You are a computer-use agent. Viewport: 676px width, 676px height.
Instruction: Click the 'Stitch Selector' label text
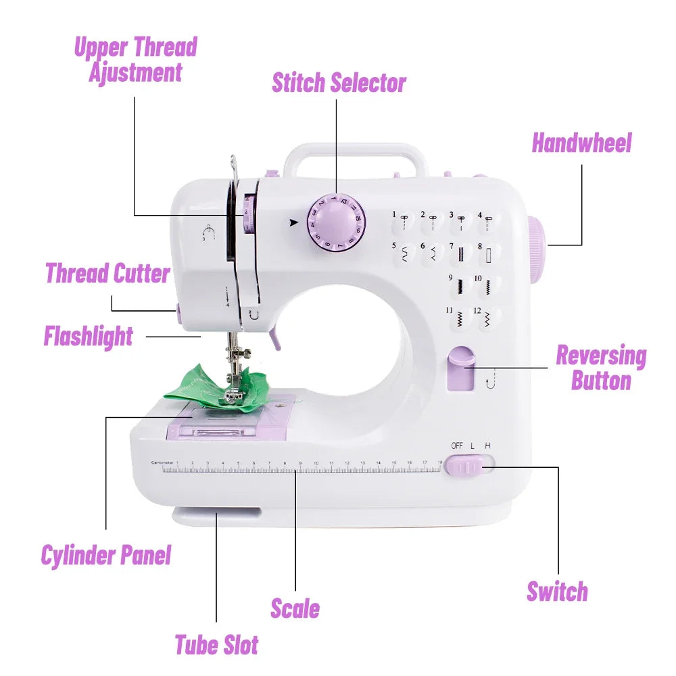click(339, 82)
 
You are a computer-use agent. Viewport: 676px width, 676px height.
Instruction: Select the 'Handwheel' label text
click(581, 143)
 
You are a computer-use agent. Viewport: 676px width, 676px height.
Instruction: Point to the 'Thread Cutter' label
click(107, 274)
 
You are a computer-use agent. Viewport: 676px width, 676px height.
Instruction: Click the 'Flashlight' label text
click(89, 336)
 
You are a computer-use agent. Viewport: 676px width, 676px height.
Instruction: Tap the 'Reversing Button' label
click(600, 368)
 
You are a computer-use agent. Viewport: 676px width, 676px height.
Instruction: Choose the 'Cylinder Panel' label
click(106, 555)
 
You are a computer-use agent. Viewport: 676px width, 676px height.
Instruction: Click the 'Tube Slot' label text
click(216, 644)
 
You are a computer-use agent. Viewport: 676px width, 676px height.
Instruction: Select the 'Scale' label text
click(295, 608)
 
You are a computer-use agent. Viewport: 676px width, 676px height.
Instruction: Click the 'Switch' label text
click(557, 591)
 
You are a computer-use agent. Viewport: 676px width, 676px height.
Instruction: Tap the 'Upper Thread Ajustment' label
click(135, 59)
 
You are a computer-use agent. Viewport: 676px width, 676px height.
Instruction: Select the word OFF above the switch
click(458, 445)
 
